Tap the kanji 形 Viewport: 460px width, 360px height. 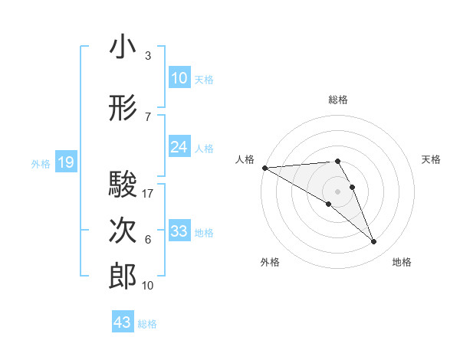pyautogui.click(x=123, y=109)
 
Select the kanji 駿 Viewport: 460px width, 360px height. pyautogui.click(x=123, y=185)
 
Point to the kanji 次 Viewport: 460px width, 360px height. pyautogui.click(x=123, y=231)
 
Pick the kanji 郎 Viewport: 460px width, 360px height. pyautogui.click(x=123, y=276)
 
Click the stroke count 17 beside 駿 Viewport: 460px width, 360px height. pyautogui.click(x=148, y=194)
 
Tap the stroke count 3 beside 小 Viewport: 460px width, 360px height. pyautogui.click(x=147, y=56)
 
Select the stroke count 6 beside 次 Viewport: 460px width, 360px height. pyautogui.click(x=147, y=240)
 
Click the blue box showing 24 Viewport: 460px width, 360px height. pyautogui.click(x=179, y=147)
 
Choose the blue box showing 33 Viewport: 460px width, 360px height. pyautogui.click(x=179, y=231)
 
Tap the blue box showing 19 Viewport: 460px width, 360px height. pyautogui.click(x=65, y=162)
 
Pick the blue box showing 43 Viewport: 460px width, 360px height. pyautogui.click(x=123, y=322)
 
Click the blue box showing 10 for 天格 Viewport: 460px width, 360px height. pyautogui.click(x=179, y=78)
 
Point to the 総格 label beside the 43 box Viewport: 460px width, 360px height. pyautogui.click(x=147, y=324)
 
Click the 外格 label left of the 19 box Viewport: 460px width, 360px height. pyautogui.click(x=40, y=163)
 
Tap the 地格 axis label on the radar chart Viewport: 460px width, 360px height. pyautogui.click(x=402, y=262)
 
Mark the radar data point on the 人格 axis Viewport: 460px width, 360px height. pyautogui.click(x=264, y=168)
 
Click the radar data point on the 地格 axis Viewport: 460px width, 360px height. pyautogui.click(x=373, y=242)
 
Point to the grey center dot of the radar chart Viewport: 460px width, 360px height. pyautogui.click(x=337, y=191)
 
